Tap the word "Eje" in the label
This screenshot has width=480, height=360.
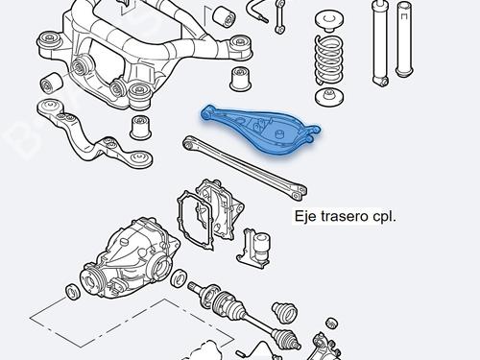click(x=306, y=217)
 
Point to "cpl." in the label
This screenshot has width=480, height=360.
click(x=384, y=217)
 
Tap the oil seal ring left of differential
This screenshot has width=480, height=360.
click(x=73, y=290)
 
